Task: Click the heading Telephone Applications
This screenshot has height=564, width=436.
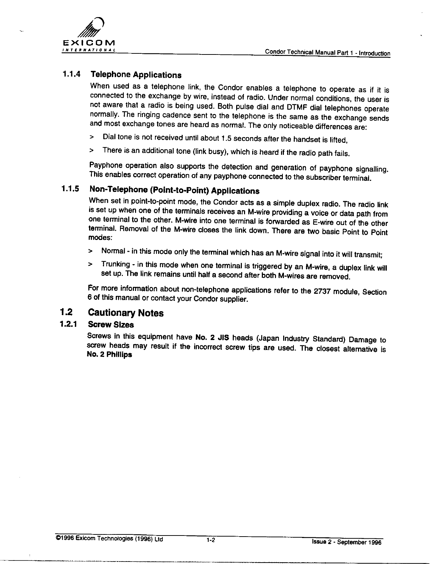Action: pyautogui.click(x=136, y=75)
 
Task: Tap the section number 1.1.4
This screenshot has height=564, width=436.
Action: pyautogui.click(x=71, y=74)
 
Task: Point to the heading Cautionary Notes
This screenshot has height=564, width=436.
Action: pyautogui.click(x=125, y=313)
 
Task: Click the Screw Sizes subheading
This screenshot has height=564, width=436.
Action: pyautogui.click(x=111, y=325)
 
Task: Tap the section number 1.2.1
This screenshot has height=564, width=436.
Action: pyautogui.click(x=70, y=324)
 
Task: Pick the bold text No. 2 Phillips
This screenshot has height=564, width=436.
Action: pyautogui.click(x=109, y=355)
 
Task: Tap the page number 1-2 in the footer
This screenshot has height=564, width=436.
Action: pyautogui.click(x=210, y=540)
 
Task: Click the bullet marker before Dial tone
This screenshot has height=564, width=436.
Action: pyautogui.click(x=92, y=137)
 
